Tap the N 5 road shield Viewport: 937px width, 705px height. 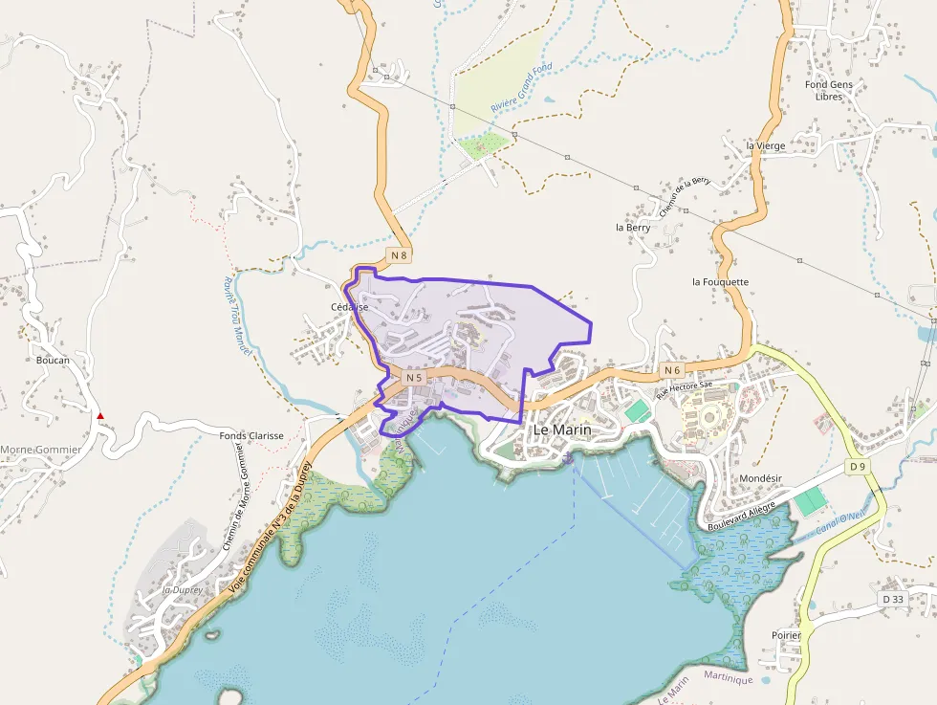point(413,378)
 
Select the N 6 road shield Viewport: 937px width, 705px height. point(671,370)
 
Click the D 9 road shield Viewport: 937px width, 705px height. point(857,467)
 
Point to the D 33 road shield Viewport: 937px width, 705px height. point(893,599)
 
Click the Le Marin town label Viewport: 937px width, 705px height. point(561,430)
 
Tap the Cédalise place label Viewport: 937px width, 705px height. point(349,307)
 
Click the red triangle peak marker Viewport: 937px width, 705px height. point(100,416)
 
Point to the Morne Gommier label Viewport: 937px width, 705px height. point(40,450)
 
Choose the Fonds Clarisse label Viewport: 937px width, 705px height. point(251,435)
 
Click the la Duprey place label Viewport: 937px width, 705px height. point(183,590)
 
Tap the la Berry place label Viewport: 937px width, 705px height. point(633,228)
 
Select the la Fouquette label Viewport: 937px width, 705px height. point(720,282)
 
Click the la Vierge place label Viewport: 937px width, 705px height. point(766,145)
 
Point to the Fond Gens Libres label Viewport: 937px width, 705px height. point(828,90)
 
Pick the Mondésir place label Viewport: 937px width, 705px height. point(762,477)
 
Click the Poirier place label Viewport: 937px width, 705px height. point(787,634)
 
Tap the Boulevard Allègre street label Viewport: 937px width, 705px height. point(742,518)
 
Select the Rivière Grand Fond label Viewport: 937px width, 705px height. point(522,89)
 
